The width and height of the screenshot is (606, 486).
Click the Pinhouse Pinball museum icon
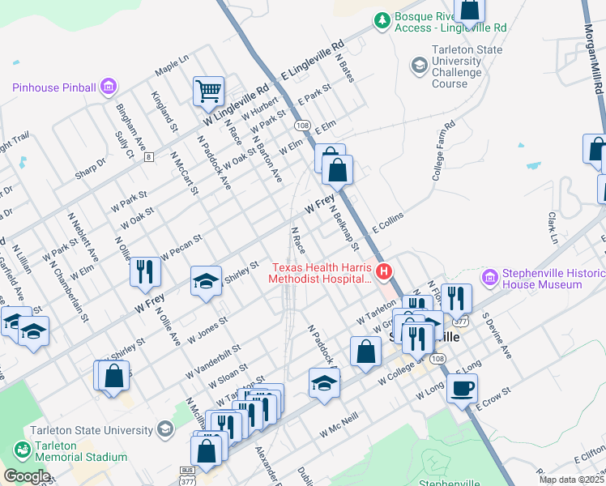[x=109, y=87]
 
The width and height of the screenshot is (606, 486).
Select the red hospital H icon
[x=386, y=270]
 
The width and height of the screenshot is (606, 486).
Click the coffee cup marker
[x=463, y=389]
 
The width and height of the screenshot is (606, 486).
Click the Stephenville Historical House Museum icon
[x=489, y=278]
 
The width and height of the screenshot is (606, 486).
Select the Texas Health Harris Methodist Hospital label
[x=322, y=273]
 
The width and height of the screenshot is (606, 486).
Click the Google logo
[x=27, y=476]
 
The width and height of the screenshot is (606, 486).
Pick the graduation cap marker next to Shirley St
[x=206, y=281]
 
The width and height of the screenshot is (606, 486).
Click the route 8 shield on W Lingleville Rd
[x=148, y=157]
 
